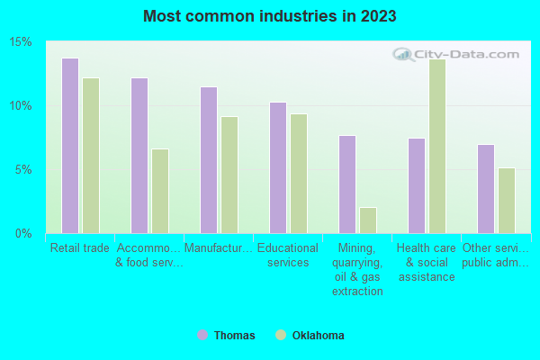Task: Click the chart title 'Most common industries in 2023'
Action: [x=270, y=16]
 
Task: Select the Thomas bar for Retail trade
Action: [x=70, y=146]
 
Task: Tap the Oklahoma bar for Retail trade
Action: [x=91, y=156]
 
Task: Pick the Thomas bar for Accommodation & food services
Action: [x=139, y=156]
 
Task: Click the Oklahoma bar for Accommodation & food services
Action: [x=160, y=191]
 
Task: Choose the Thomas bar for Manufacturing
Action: [x=209, y=160]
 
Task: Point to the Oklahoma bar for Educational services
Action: [x=299, y=174]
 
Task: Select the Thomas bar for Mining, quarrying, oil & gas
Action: [x=347, y=184]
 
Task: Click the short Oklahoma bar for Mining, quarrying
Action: [x=368, y=220]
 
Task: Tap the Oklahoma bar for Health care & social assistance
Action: [x=437, y=146]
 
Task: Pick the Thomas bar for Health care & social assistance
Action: [x=417, y=185]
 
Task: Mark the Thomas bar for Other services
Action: [x=486, y=189]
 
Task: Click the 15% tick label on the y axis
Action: [x=22, y=42]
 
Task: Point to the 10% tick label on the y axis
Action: [x=22, y=106]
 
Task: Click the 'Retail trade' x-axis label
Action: [x=80, y=248]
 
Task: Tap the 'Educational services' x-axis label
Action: [x=288, y=256]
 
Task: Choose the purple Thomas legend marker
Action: [x=202, y=336]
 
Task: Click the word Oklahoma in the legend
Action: [x=318, y=336]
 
